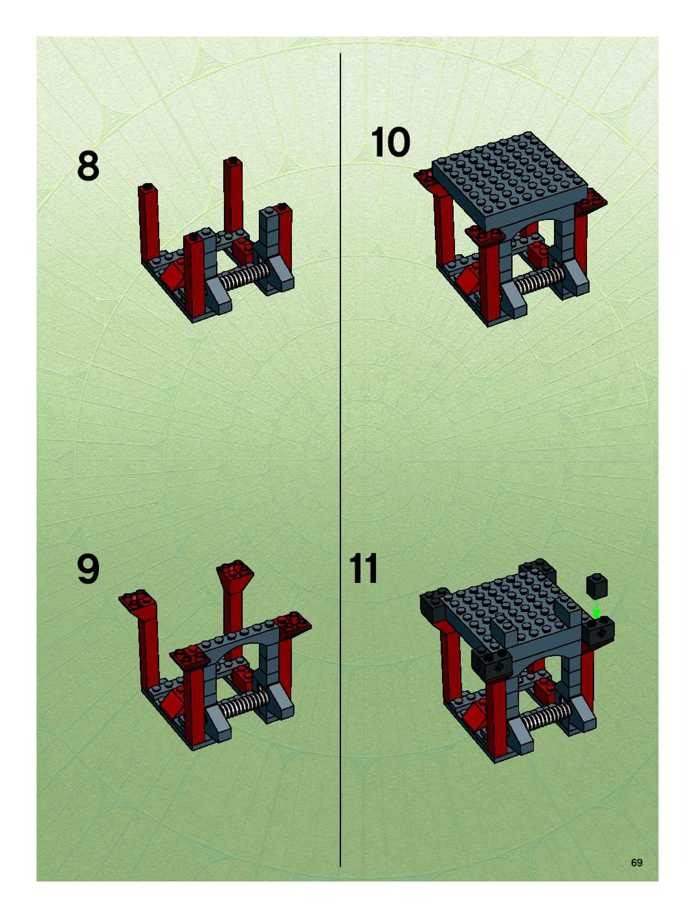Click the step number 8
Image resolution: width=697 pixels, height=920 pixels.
[x=88, y=166]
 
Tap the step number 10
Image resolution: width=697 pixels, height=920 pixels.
[x=390, y=142]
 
